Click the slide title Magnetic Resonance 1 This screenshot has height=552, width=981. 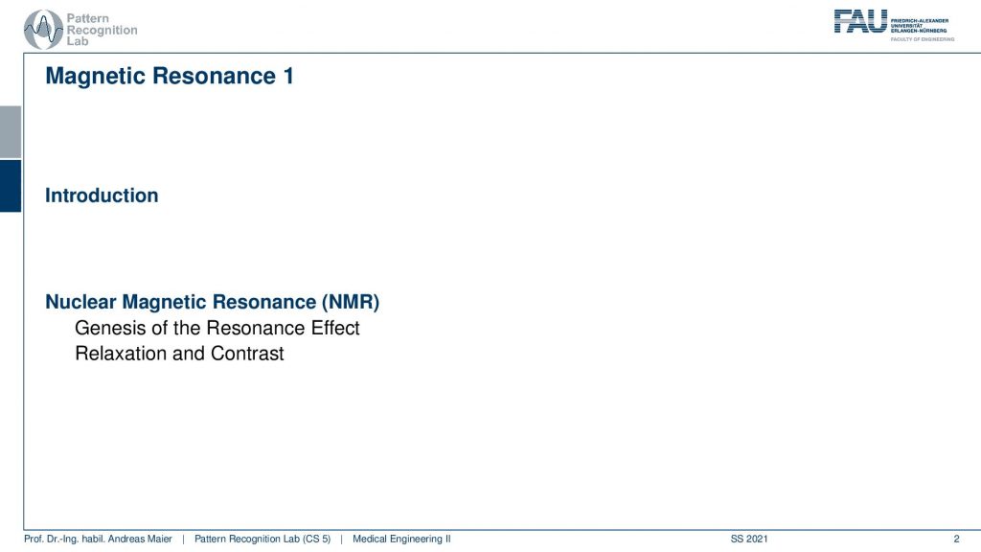click(x=170, y=76)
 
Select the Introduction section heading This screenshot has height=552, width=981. click(x=102, y=195)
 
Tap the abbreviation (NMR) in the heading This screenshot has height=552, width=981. click(x=351, y=302)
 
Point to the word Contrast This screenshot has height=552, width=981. click(x=247, y=354)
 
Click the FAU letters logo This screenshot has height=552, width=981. click(x=860, y=21)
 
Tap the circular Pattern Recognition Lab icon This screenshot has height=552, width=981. click(x=43, y=30)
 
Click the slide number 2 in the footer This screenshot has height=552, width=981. click(x=956, y=539)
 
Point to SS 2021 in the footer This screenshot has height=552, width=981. click(x=749, y=539)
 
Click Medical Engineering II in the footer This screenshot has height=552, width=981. click(x=401, y=539)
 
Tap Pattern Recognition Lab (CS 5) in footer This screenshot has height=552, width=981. click(x=262, y=539)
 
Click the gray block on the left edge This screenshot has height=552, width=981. click(x=11, y=132)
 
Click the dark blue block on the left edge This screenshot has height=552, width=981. click(x=11, y=186)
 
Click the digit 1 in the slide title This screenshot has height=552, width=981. click(x=288, y=76)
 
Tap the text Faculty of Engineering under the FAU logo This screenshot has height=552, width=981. click(x=923, y=39)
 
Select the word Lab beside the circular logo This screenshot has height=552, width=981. click(x=78, y=41)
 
